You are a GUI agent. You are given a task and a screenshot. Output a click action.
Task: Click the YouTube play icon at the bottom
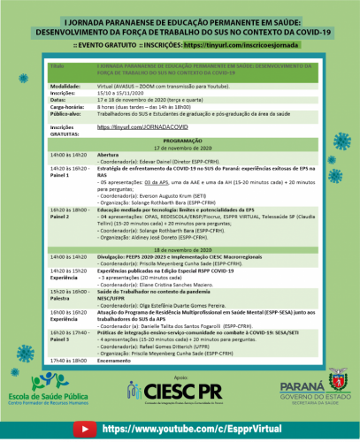85,428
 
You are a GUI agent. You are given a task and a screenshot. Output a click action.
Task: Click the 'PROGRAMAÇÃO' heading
180,141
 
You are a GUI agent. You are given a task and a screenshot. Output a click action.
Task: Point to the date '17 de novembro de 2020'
180,148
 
